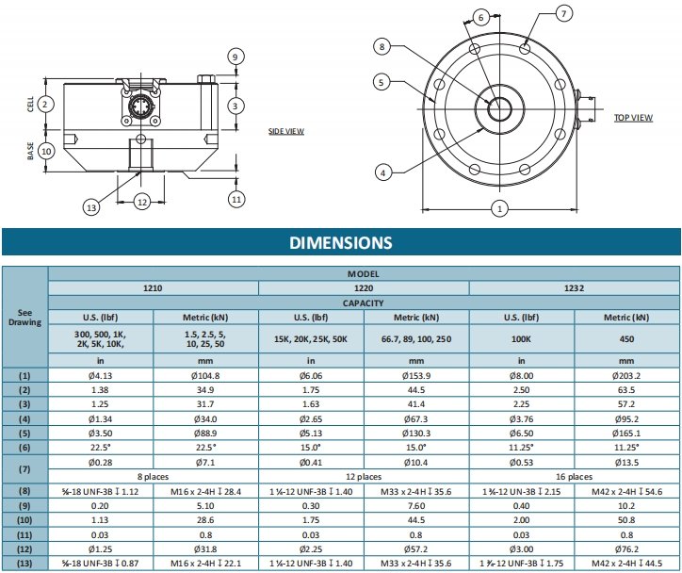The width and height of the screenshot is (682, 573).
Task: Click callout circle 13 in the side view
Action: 91,207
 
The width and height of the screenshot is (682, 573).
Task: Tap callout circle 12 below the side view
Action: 143,201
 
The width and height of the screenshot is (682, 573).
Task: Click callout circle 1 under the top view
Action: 500,208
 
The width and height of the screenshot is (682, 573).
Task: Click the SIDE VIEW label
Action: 286,131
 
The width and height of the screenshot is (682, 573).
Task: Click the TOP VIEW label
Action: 633,118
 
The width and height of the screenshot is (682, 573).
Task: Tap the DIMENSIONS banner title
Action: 341,242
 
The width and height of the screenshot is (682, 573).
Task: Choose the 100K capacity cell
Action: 520,338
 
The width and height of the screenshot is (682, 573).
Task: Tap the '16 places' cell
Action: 573,476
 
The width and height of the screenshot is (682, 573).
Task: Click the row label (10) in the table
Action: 24,519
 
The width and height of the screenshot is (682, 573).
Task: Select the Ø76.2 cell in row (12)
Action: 625,549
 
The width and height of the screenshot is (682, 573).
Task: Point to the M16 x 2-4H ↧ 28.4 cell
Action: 205,491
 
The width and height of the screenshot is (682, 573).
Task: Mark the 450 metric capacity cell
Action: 625,338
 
